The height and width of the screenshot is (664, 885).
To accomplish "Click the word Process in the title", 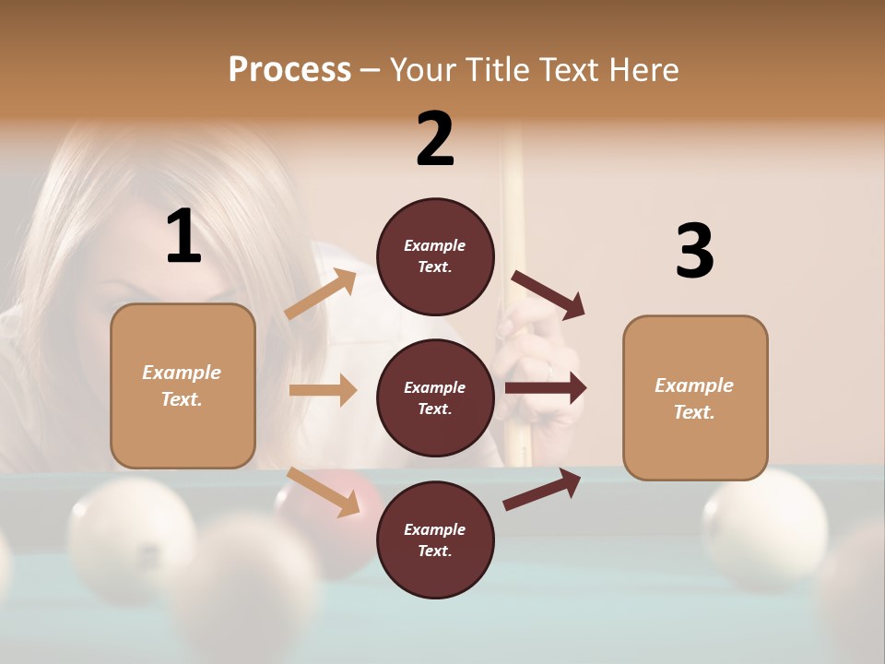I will coord(289,69).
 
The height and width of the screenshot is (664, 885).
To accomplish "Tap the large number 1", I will coord(183,237).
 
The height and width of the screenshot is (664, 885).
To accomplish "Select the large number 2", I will coord(435,139).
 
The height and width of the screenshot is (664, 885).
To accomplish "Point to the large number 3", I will coord(694,251).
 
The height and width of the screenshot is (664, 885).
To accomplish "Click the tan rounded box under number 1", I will coord(183,385).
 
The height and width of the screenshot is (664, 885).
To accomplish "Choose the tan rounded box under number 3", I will coord(695,398).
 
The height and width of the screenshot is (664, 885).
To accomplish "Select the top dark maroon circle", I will coord(435,256).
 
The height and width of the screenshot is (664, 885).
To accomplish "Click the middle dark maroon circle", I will coord(435,398).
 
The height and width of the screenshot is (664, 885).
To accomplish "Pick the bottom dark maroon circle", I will coord(435,540).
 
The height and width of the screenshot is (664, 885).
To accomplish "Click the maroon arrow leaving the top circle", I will coord(549,295).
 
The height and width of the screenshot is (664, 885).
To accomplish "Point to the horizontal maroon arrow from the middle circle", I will coord(545,388).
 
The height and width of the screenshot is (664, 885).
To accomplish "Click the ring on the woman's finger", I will coord(550,371).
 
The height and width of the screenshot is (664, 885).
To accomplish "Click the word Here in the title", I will coord(647,69).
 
